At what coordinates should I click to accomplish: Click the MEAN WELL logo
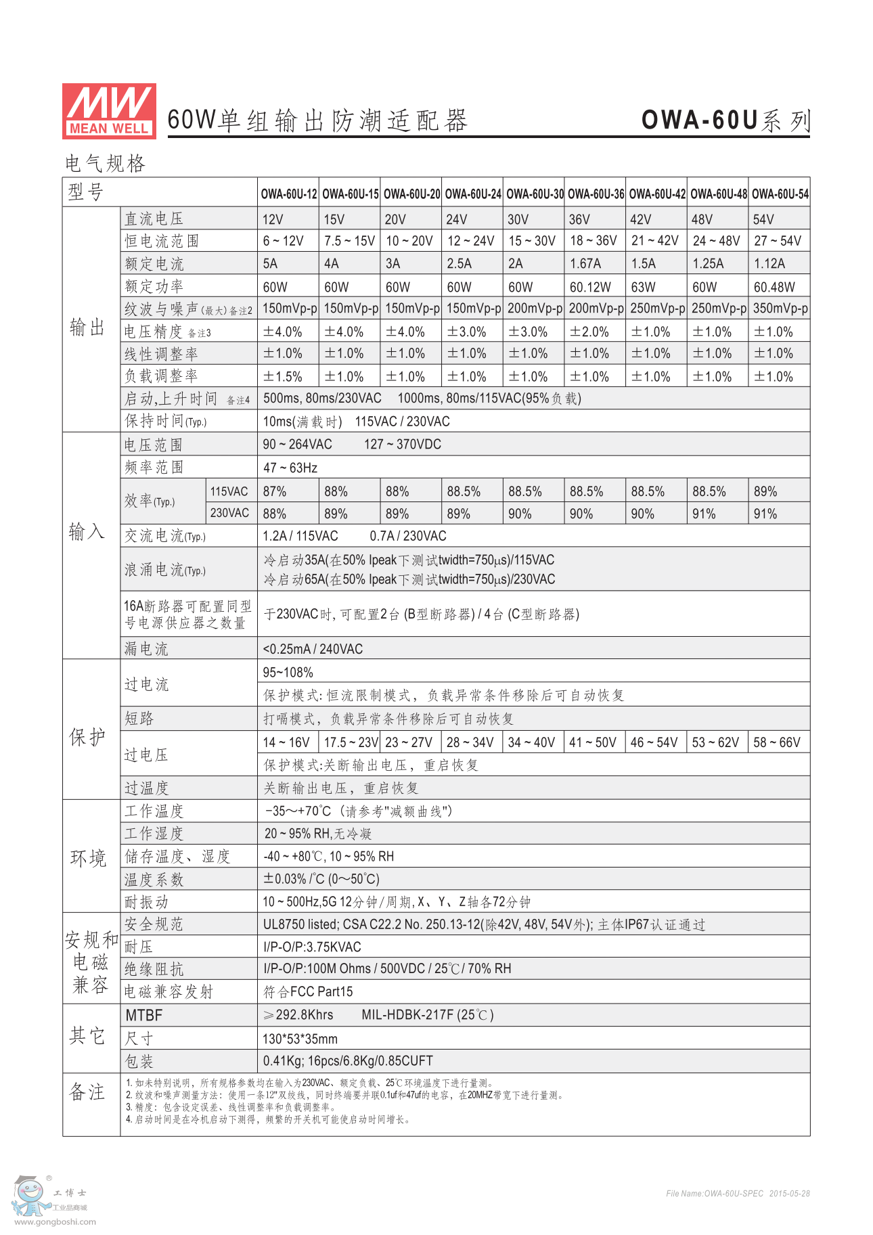109,111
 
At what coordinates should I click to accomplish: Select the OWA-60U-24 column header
473,194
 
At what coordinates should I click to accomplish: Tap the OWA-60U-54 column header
780,194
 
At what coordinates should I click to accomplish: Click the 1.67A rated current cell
585,263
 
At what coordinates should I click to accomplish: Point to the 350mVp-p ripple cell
780,309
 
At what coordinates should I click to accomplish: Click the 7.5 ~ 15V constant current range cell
349,241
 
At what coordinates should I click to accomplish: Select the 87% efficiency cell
275,491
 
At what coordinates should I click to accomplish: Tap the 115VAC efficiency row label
229,491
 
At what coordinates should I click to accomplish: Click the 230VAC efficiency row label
229,513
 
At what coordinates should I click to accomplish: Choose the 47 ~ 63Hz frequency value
290,468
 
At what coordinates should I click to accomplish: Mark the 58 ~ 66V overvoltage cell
777,742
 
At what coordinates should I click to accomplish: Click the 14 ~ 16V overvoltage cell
286,742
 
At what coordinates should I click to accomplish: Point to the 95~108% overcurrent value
288,673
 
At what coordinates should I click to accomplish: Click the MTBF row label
144,1015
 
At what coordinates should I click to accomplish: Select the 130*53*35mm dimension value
300,1039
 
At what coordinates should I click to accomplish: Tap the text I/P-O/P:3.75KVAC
312,947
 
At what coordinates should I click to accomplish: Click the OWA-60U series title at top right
725,120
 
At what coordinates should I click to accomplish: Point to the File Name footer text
738,1194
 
